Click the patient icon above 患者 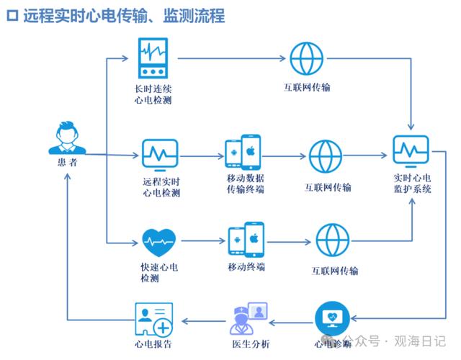[x=66, y=138]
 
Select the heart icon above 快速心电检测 [x=158, y=241]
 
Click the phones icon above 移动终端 [x=246, y=240]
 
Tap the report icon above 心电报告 [x=154, y=319]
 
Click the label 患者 [x=66, y=163]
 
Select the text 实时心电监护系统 [x=412, y=184]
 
